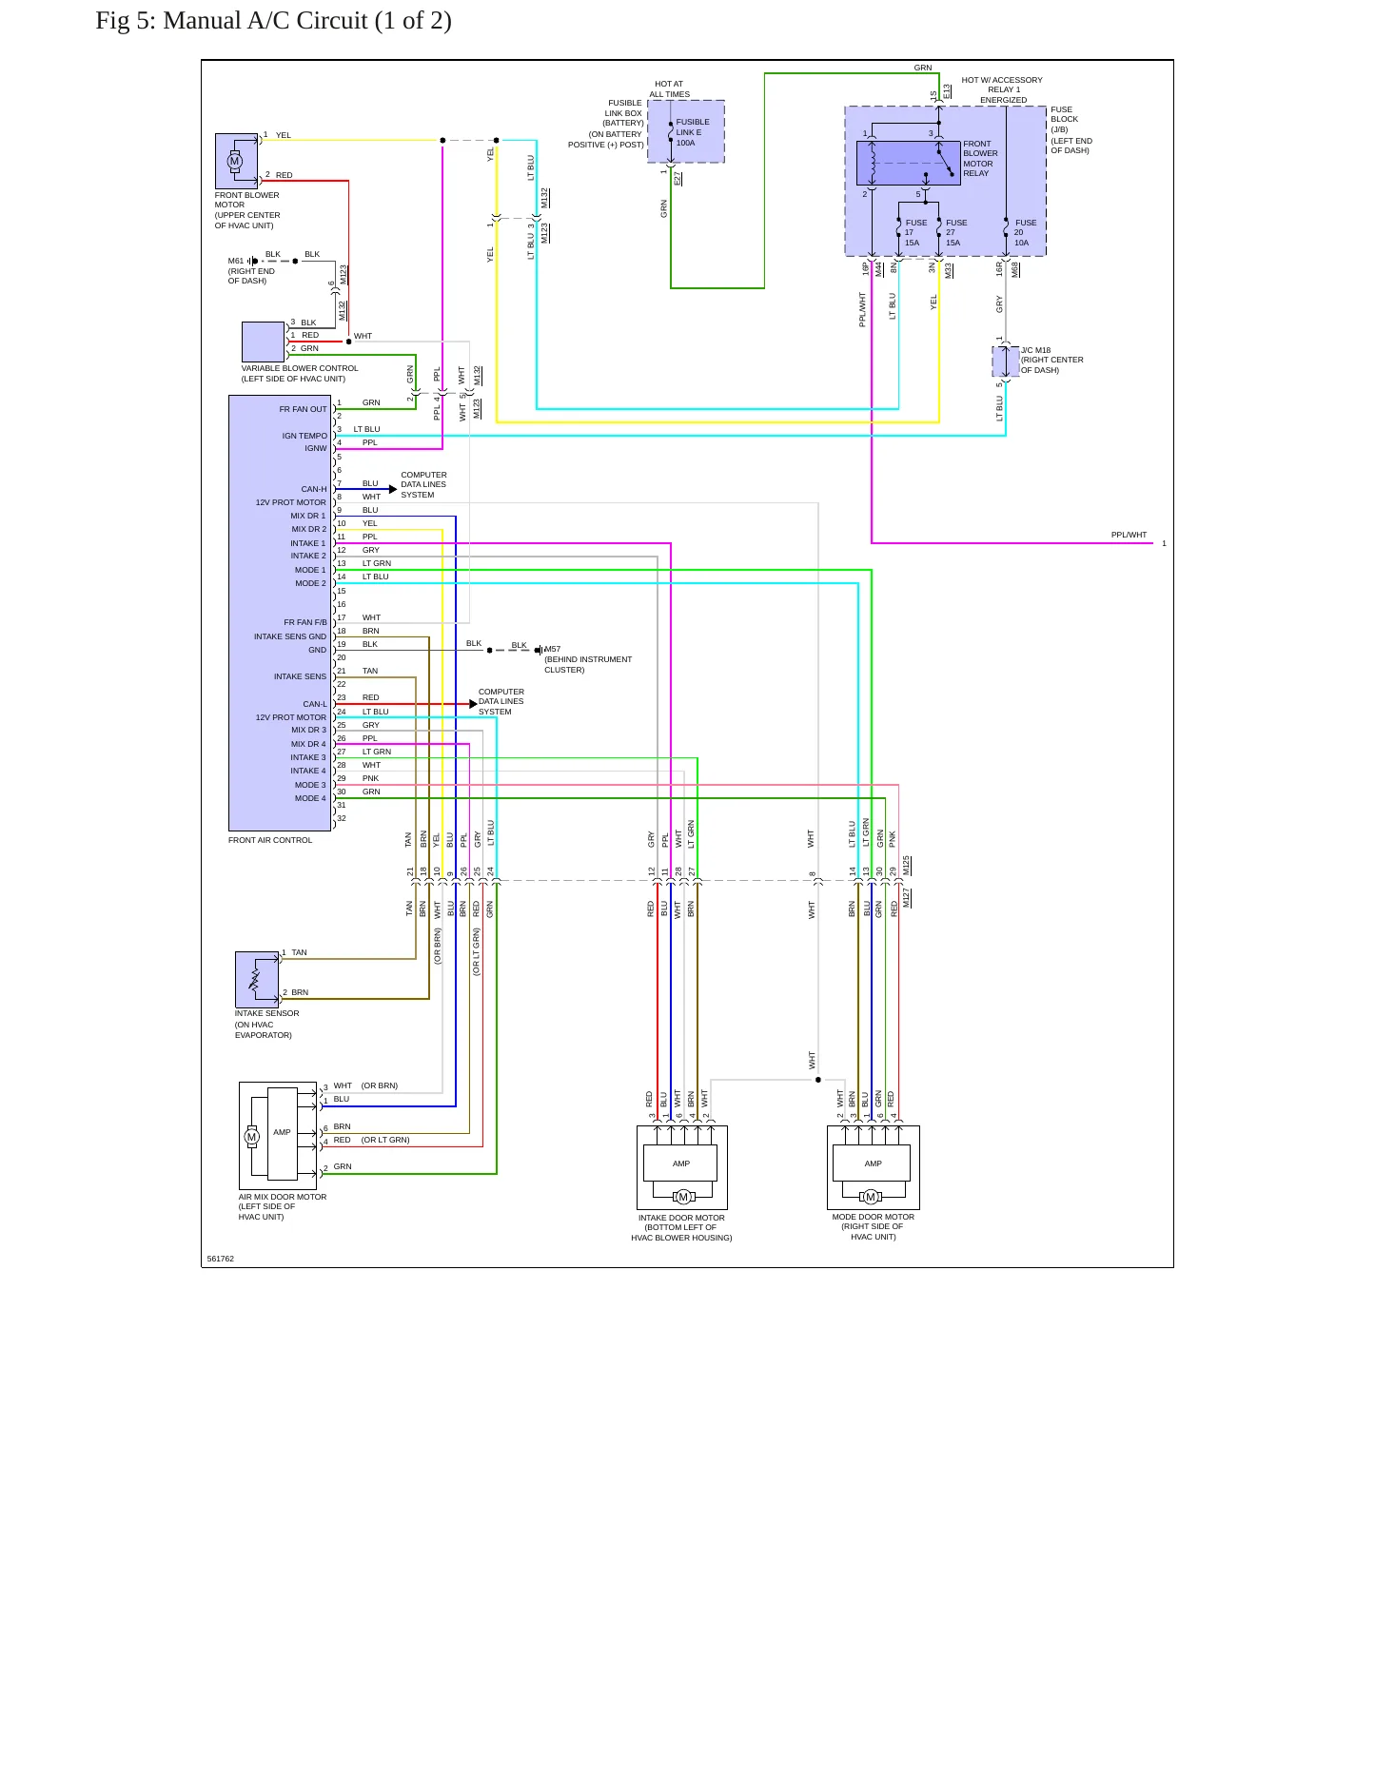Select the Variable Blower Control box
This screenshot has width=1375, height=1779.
(x=264, y=342)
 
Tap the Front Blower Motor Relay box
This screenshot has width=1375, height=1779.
(x=909, y=163)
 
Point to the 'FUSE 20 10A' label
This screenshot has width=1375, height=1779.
(x=1024, y=233)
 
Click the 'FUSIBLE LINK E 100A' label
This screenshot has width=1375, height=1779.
(x=692, y=132)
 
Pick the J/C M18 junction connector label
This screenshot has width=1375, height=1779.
(x=1051, y=361)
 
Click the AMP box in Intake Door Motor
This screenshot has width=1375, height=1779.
(x=681, y=1163)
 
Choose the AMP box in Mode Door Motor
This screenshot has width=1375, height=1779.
(x=873, y=1163)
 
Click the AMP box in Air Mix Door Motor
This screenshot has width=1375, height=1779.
(x=283, y=1133)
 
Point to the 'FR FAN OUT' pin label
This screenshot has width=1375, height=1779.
(x=303, y=409)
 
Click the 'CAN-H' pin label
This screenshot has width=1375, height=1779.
(x=314, y=489)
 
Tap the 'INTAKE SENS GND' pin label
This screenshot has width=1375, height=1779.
(x=290, y=636)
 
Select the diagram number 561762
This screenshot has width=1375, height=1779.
(x=221, y=1259)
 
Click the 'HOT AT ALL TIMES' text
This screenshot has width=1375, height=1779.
(x=670, y=89)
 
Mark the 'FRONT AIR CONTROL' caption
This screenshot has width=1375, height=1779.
(x=270, y=840)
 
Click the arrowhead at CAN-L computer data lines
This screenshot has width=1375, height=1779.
(x=474, y=704)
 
